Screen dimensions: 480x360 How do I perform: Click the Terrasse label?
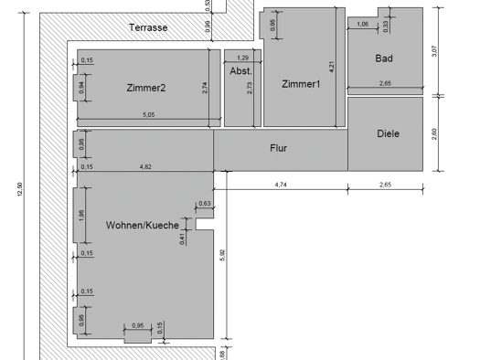coord(148,27)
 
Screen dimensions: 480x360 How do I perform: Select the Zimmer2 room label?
coord(146,88)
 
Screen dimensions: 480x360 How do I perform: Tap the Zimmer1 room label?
coord(301,84)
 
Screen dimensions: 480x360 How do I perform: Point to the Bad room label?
coord(384,58)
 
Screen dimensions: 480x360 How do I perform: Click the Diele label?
coord(389,133)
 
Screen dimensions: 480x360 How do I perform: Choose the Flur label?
coord(278,148)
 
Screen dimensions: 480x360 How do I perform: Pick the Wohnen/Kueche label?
coord(143,225)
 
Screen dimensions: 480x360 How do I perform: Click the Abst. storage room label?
coord(241,71)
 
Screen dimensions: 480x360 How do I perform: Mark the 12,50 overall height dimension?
coord(20,189)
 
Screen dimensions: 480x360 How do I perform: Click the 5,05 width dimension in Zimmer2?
coord(149,115)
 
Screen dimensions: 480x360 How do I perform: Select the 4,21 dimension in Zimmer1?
coord(332,67)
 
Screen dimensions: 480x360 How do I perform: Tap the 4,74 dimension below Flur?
coord(281,185)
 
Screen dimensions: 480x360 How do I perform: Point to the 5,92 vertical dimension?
coord(222,255)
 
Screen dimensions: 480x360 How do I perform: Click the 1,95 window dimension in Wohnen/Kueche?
coord(81,215)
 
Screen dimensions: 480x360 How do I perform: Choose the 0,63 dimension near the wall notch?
coord(205,204)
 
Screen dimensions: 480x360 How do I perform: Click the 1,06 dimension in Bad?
coord(363,24)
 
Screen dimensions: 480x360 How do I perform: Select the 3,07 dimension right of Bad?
coord(434,51)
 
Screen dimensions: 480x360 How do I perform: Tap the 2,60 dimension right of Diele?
coord(434,134)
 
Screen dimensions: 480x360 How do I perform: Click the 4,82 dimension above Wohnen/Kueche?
coord(145,166)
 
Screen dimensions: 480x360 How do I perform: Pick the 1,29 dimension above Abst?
coord(243,58)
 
